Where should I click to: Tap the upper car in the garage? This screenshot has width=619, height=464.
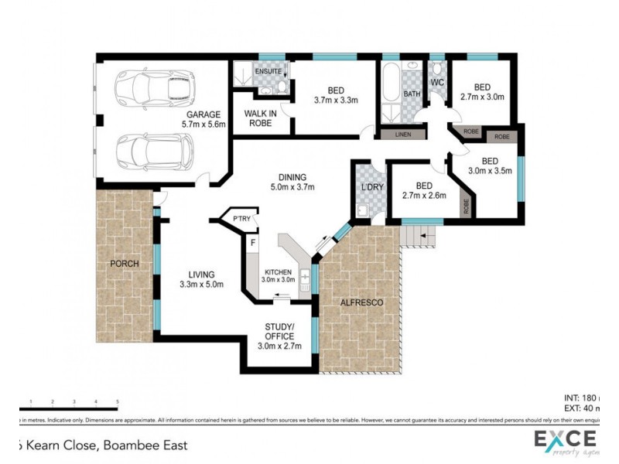(x=152, y=90)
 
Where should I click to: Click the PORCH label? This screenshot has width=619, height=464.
(x=125, y=264)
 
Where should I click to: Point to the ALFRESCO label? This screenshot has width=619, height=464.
(x=361, y=302)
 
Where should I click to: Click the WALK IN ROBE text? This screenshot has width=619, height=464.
(x=261, y=117)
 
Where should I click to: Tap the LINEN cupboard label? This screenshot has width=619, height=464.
(x=403, y=135)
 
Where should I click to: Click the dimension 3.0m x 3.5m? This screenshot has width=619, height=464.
(x=491, y=171)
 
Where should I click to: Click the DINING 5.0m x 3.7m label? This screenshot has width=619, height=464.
(x=293, y=181)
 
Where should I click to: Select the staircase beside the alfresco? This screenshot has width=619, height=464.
(x=419, y=236)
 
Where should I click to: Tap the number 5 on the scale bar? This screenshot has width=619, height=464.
(x=117, y=401)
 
